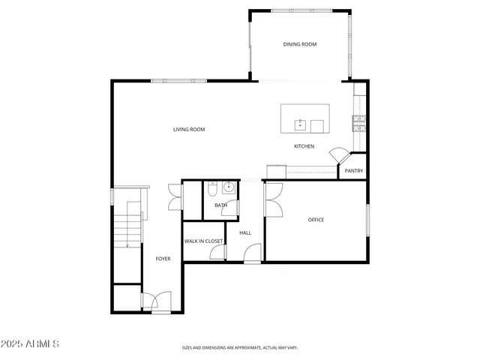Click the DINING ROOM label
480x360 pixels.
(299, 44)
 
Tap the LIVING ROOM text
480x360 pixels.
(189, 130)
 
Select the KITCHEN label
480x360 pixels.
(304, 146)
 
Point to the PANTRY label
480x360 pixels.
(354, 171)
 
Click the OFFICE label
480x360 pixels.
(316, 220)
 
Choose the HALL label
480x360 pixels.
(245, 233)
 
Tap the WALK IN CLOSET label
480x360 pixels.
(204, 241)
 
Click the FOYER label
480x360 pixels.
(163, 259)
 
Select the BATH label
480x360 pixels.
(220, 205)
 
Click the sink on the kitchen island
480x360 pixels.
(299, 123)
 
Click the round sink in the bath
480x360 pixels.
(228, 187)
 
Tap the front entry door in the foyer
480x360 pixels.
(151, 301)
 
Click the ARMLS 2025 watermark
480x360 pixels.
(31, 344)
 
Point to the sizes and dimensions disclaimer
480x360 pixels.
(240, 348)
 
